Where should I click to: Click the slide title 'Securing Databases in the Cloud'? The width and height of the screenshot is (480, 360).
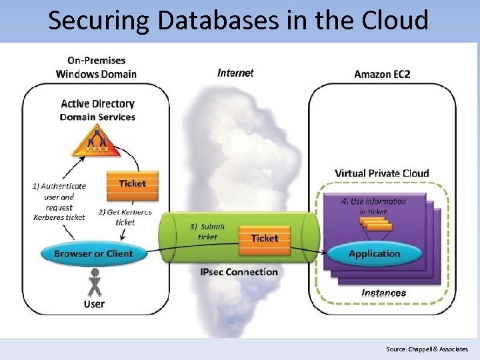click(x=238, y=20)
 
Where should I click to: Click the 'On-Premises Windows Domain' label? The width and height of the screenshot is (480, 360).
click(x=96, y=67)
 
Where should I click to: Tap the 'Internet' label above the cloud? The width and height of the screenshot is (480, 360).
click(x=235, y=73)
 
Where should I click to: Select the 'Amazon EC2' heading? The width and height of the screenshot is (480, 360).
click(x=382, y=74)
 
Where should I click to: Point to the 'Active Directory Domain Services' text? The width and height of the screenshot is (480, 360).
click(x=97, y=110)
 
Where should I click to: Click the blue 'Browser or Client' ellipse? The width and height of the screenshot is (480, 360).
click(x=93, y=253)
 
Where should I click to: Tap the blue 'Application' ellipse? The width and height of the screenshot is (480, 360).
click(x=374, y=253)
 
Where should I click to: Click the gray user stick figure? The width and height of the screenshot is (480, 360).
click(x=95, y=282)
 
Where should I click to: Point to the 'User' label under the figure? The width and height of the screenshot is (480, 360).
click(x=94, y=304)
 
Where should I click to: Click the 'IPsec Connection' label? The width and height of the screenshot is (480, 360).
click(x=239, y=272)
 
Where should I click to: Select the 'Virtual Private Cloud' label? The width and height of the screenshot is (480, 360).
click(x=382, y=173)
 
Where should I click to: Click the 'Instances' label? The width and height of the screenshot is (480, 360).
click(x=383, y=293)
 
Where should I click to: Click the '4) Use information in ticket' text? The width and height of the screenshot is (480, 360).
click(x=373, y=206)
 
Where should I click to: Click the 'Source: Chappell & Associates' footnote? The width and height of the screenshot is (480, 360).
click(x=427, y=349)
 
